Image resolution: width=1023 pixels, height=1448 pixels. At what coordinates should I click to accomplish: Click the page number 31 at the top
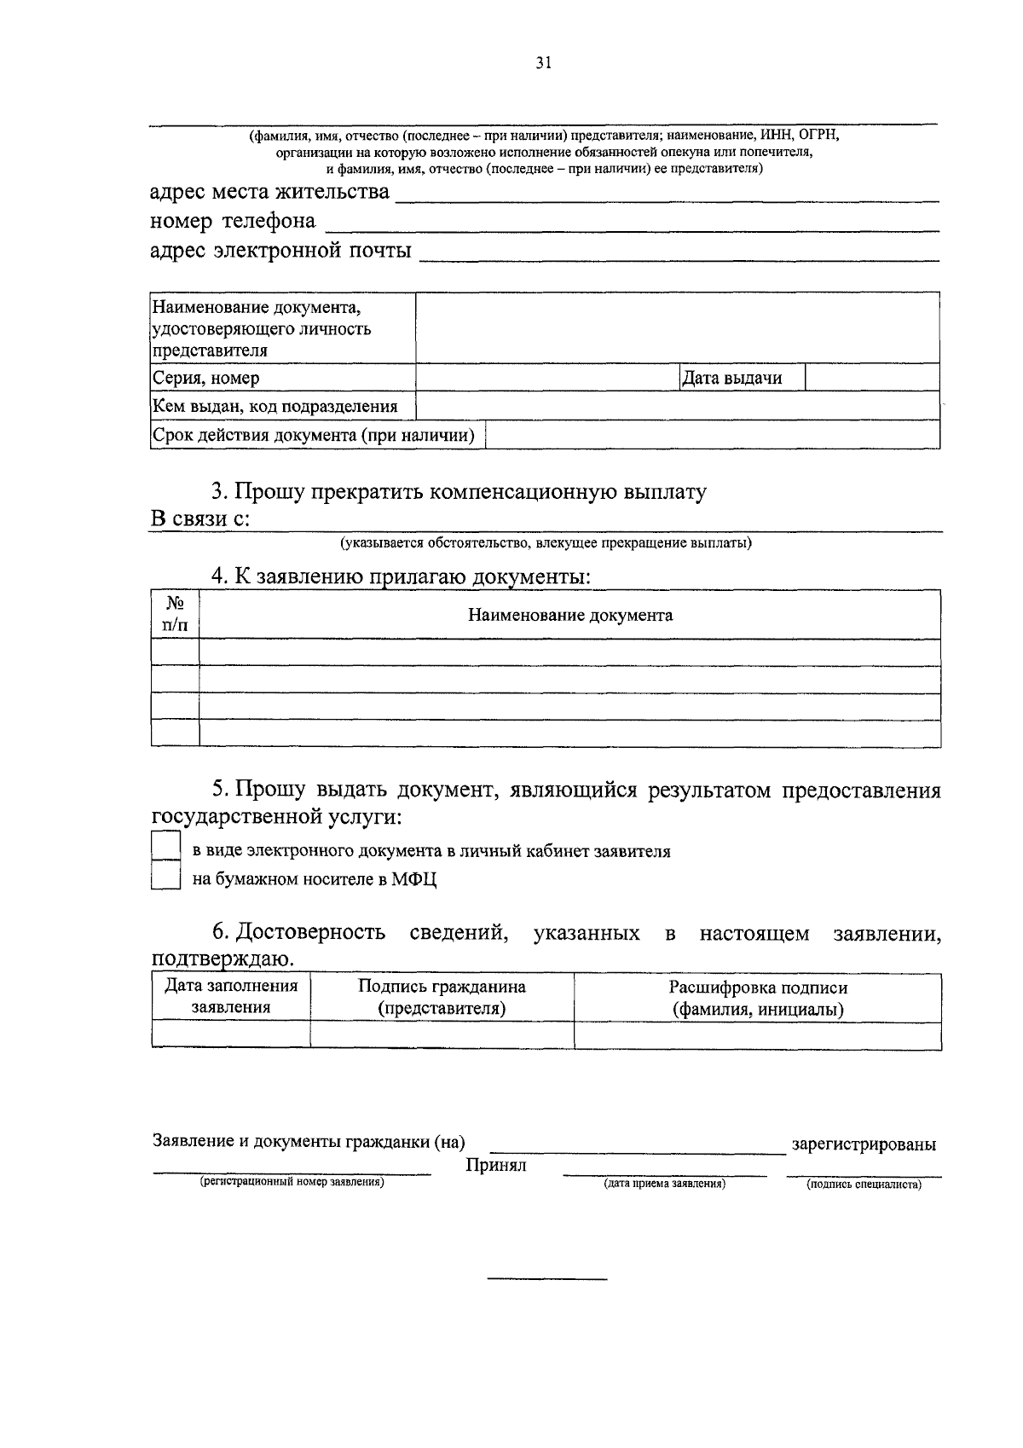coord(544,62)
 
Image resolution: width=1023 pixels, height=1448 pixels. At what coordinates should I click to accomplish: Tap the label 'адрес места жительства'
coord(269,192)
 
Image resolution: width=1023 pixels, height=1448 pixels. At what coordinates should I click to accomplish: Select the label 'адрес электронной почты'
coord(280,251)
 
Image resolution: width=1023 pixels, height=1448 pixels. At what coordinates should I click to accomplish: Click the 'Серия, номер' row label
coord(205,378)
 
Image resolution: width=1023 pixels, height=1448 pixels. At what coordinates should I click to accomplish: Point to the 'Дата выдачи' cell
coord(732,378)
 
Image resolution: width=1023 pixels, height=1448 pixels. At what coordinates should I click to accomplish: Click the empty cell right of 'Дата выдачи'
coord(871,378)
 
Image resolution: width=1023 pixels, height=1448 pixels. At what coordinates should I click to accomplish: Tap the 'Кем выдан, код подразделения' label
coord(275,406)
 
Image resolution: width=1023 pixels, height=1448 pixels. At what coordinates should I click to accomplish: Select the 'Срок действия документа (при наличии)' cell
coord(313,436)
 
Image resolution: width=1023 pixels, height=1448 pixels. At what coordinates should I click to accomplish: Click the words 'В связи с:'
coord(200,519)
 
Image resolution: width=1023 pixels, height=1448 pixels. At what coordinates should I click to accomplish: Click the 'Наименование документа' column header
coord(569,615)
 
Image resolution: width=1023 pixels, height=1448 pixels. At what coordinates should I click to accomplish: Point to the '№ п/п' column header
coord(175,614)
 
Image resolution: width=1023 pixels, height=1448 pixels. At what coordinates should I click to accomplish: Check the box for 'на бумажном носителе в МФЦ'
coord(165,876)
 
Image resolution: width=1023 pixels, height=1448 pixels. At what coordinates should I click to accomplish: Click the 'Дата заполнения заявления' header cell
coord(231,997)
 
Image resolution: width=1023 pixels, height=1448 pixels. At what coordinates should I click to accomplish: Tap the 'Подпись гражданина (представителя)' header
coord(442,998)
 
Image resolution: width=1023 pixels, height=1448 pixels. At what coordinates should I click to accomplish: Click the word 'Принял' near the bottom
coord(496,1165)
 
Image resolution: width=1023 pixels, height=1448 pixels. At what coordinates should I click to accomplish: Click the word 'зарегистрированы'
coord(864,1144)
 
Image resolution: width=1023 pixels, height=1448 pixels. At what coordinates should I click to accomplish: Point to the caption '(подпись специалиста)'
coord(864,1184)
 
